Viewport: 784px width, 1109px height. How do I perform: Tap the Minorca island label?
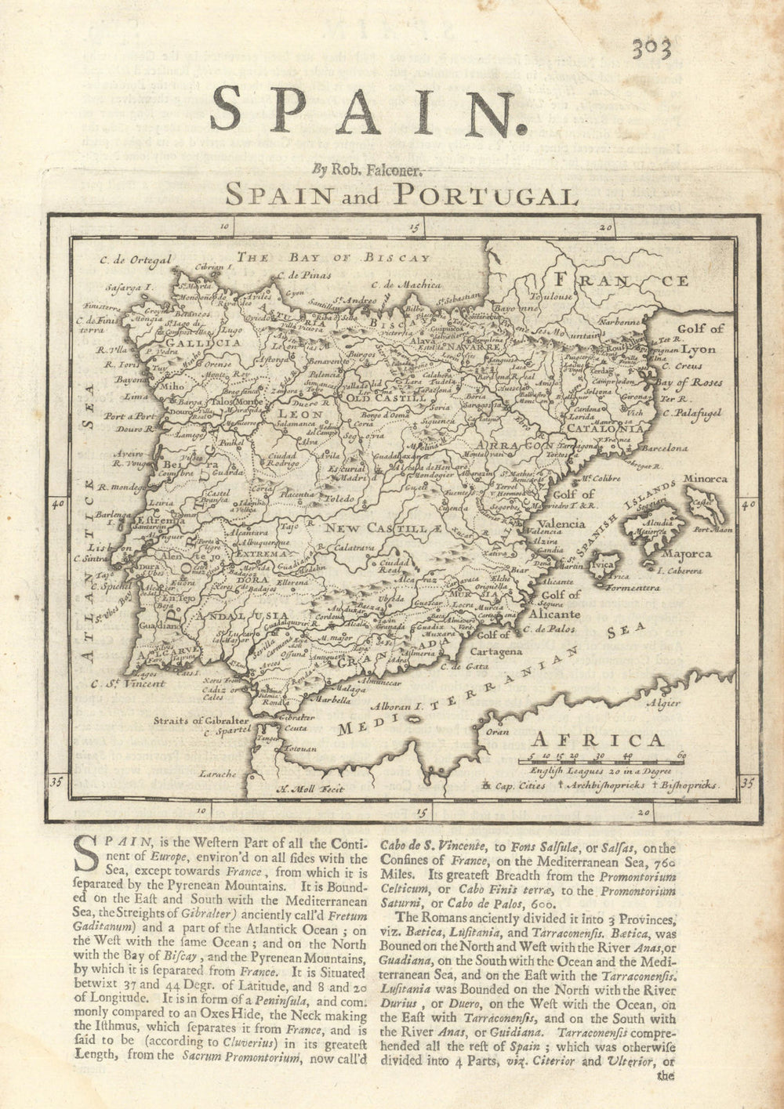point(705,478)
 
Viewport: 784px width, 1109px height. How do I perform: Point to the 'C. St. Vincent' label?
point(128,683)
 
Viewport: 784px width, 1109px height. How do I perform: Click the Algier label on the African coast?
point(664,703)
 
